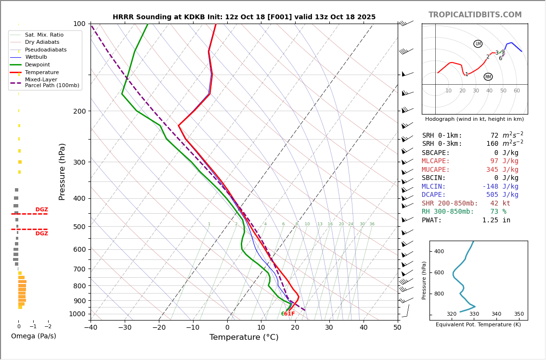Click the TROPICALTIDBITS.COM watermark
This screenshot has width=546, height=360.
coord(475,15)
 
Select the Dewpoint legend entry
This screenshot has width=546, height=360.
coord(37,65)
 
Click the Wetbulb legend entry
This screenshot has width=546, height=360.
coord(36,57)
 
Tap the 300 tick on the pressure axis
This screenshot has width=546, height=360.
coord(79,162)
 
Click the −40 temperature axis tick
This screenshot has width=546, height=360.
coord(91,328)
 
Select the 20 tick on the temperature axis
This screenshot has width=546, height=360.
coord(295,328)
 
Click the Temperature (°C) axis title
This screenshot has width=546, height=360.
coord(244,337)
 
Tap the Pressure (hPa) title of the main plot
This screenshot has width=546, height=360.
coord(62,171)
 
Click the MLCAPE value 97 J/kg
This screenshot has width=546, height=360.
coord(504,161)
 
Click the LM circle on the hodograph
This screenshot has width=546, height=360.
coord(478,44)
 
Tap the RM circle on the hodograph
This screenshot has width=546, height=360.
coord(488,77)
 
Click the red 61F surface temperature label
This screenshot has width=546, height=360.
coord(289,314)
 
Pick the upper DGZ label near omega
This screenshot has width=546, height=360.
coord(41,210)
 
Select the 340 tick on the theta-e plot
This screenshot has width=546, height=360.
coord(496,314)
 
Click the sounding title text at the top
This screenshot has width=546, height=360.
coord(244,17)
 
